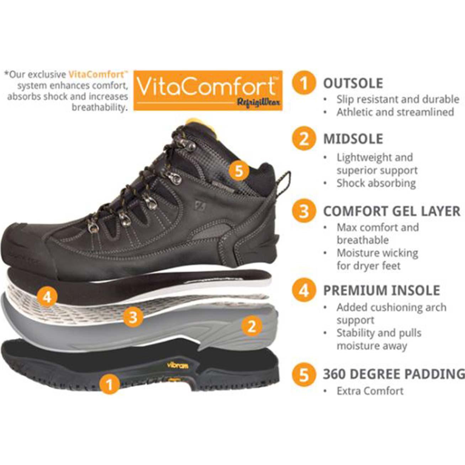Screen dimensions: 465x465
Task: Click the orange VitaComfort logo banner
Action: click(208, 90)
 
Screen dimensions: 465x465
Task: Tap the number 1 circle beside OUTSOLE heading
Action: click(303, 83)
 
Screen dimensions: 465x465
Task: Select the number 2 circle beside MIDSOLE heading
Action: click(303, 138)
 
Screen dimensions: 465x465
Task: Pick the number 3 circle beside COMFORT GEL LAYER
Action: click(303, 211)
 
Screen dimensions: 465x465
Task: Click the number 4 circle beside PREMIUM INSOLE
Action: click(303, 290)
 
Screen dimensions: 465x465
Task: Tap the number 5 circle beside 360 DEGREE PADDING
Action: click(303, 374)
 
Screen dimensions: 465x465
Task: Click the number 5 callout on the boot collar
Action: click(239, 171)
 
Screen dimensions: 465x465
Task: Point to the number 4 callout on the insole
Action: click(47, 296)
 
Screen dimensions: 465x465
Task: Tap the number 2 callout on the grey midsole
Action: click(252, 326)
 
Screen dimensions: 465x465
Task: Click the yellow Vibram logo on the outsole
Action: click(178, 365)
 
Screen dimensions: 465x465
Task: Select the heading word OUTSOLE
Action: click(353, 83)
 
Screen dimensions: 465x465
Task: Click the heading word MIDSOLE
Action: click(353, 139)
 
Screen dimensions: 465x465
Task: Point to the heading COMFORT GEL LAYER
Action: click(391, 211)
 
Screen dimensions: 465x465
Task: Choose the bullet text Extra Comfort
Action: click(370, 391)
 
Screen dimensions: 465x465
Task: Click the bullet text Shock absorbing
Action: click(376, 183)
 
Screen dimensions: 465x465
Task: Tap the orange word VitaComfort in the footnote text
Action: click(96, 75)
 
